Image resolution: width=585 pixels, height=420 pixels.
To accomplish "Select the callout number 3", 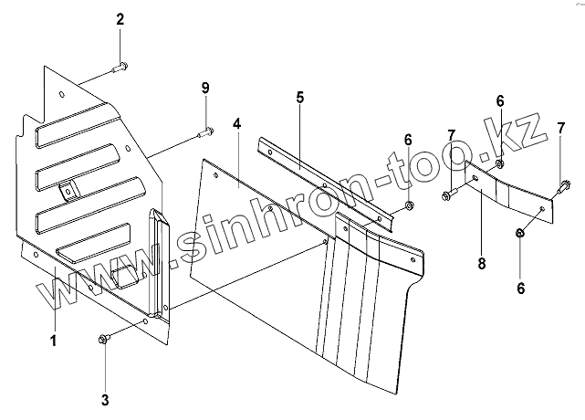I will click(105, 399).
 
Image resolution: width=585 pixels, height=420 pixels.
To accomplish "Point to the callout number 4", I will click(236, 122).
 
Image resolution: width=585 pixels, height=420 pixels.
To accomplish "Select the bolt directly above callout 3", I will click(103, 341).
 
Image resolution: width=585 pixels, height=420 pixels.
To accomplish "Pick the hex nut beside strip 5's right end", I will click(408, 204).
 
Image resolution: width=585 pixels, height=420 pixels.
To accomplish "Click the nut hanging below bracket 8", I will click(520, 234).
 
